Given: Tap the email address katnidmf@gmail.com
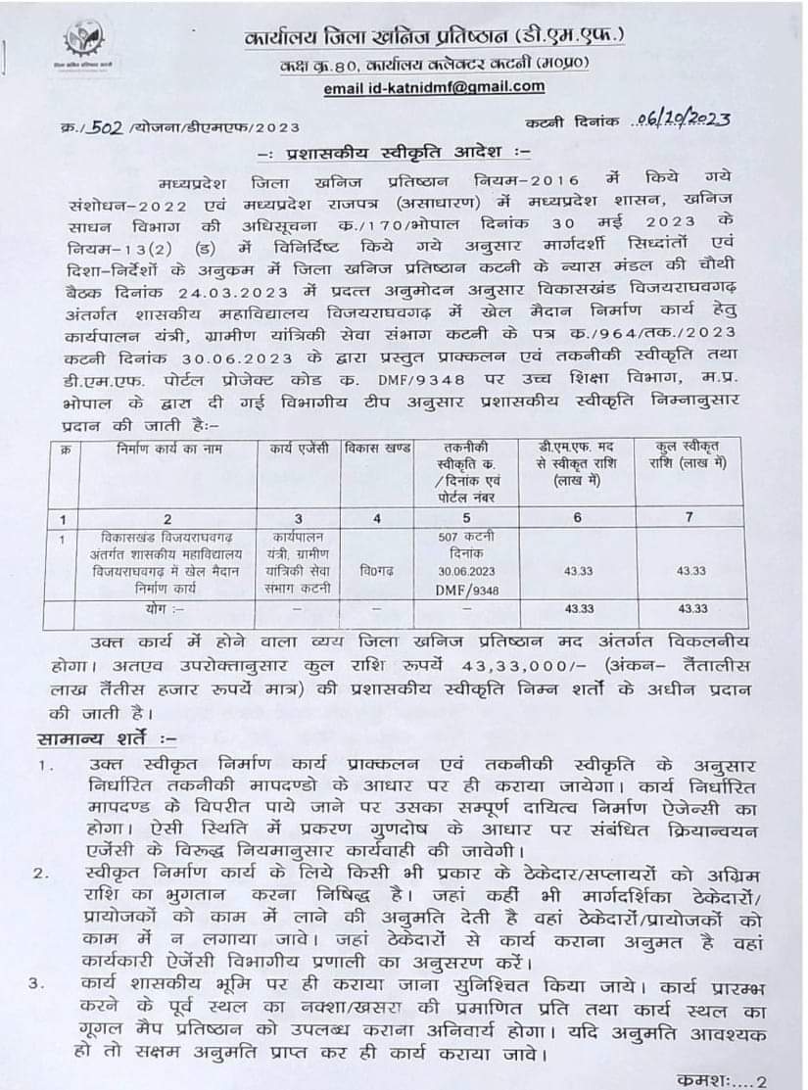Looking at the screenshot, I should pyautogui.click(x=434, y=87).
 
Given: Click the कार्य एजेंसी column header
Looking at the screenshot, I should pyautogui.click(x=300, y=449).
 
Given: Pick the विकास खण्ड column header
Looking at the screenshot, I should pyautogui.click(x=375, y=449).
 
